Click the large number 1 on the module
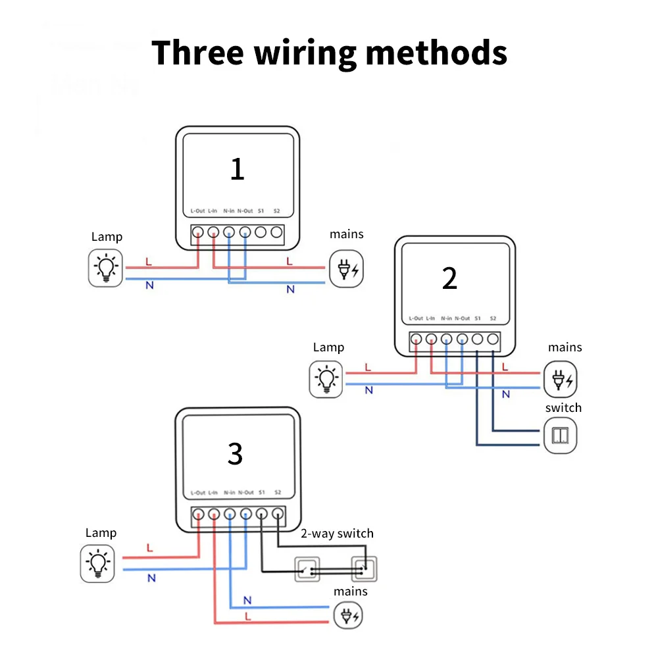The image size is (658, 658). [237, 168]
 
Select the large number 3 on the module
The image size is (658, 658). [235, 454]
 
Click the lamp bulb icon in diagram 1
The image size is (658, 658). [106, 268]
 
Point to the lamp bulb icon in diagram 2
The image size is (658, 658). [327, 379]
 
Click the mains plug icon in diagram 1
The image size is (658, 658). [346, 269]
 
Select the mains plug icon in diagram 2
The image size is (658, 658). [561, 379]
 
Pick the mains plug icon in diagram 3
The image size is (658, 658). [348, 616]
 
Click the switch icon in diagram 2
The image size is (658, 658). [561, 436]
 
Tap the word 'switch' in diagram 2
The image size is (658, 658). [563, 408]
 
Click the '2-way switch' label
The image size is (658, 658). [337, 534]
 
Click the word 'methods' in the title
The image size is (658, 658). [436, 53]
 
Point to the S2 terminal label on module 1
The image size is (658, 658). [276, 211]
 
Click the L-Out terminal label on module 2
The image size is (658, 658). [416, 318]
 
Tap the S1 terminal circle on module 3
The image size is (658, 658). [262, 514]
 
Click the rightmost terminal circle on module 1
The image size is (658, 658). [276, 232]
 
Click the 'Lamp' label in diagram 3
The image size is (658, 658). [101, 533]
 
